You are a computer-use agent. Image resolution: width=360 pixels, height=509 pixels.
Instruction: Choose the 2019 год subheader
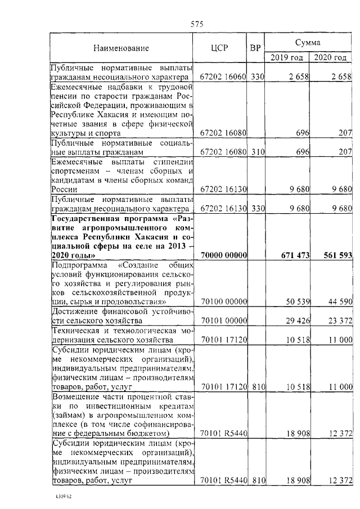(287, 57)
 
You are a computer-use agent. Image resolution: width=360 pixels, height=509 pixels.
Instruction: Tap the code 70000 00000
(224, 255)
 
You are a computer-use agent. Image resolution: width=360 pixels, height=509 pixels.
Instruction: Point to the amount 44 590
(340, 302)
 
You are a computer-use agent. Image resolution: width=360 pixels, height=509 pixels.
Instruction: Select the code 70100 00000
(224, 302)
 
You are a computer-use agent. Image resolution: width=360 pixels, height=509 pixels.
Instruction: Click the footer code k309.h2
(57, 498)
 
